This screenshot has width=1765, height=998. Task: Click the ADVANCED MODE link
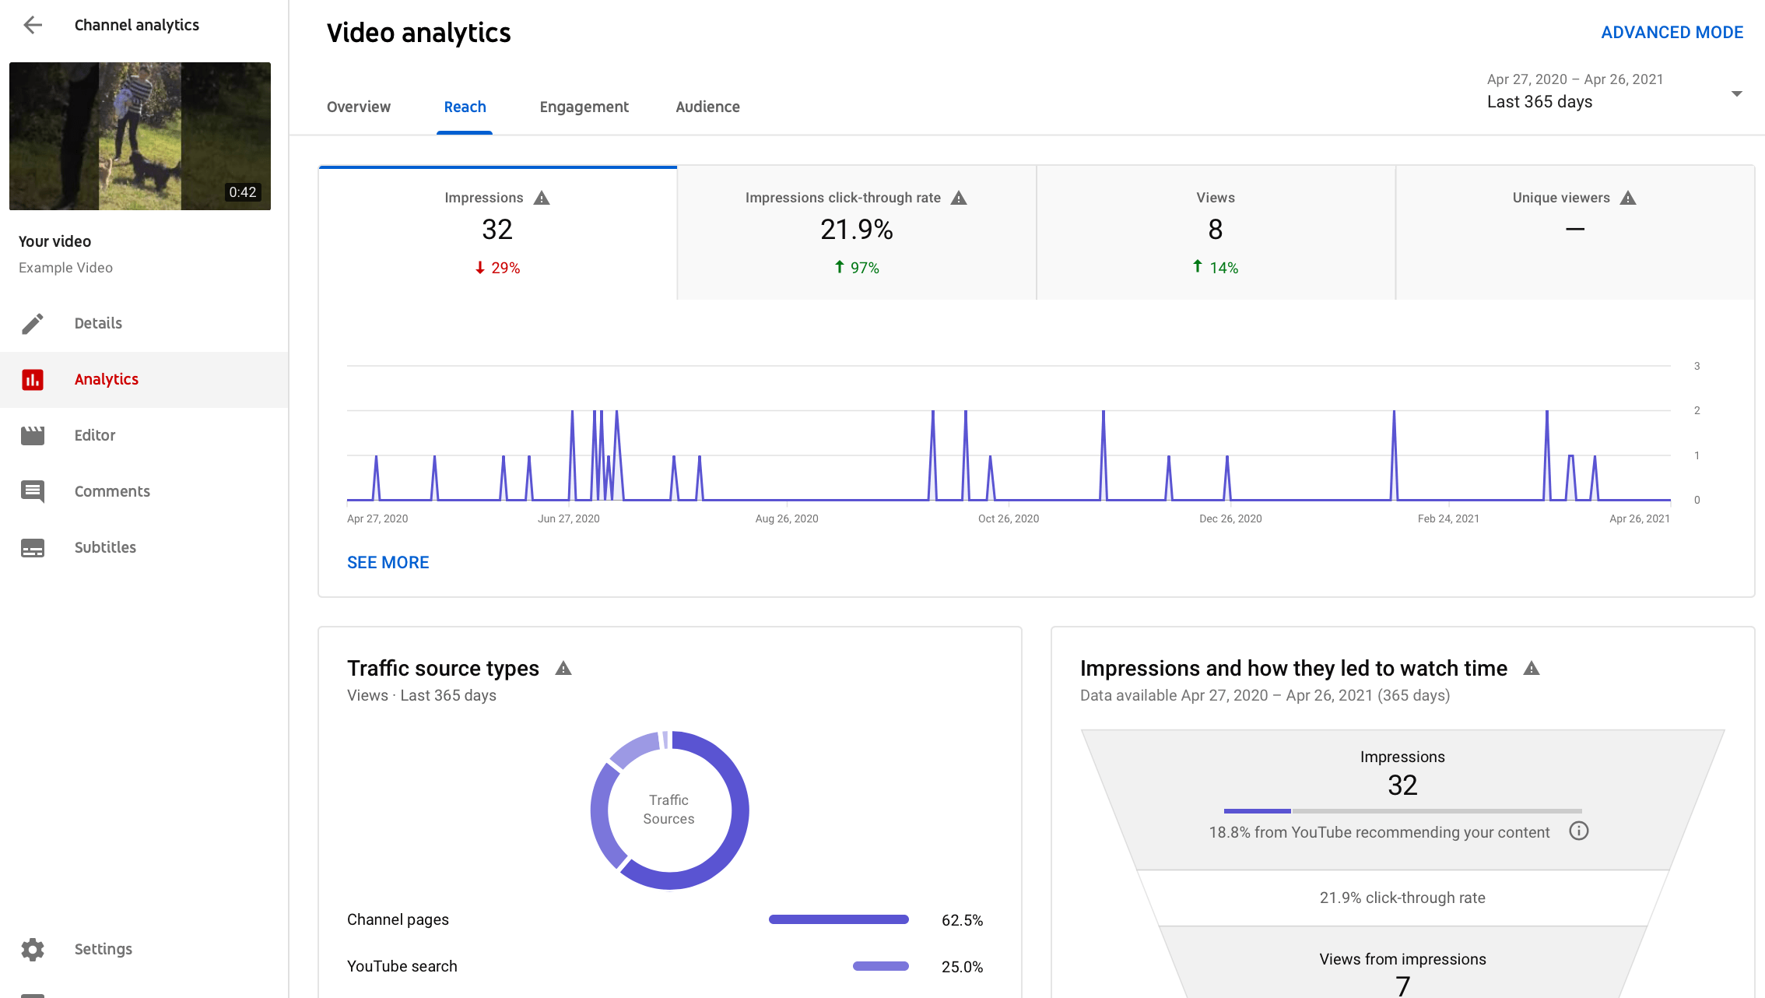1672,33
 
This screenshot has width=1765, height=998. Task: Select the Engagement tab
584,107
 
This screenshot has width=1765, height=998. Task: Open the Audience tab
707,107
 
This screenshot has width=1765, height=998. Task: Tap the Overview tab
359,107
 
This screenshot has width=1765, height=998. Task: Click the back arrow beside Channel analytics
33,25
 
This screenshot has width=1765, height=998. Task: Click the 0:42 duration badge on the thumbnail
242,192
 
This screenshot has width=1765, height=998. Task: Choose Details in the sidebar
98,323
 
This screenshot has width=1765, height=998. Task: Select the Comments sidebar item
112,491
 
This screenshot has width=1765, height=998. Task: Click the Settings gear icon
33,949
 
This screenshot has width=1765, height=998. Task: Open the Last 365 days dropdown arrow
1736,93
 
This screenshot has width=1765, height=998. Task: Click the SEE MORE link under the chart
388,562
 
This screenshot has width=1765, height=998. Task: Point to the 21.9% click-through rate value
856,230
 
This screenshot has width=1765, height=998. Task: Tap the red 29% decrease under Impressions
498,268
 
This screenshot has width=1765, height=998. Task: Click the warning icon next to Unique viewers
1628,198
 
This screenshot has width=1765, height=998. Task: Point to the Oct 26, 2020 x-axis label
1008,518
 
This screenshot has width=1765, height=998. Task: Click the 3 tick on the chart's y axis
1697,366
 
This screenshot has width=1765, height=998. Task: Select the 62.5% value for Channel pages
962,920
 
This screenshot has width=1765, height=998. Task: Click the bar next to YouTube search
880,966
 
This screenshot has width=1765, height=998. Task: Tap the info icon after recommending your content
1578,831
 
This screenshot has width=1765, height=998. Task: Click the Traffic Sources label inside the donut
668,810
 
